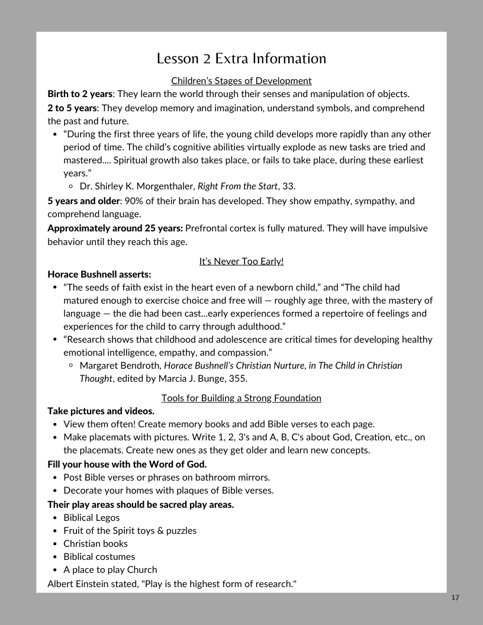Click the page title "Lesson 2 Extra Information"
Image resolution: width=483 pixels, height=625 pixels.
pyautogui.click(x=241, y=59)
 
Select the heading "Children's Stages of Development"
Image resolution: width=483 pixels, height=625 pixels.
pyautogui.click(x=241, y=80)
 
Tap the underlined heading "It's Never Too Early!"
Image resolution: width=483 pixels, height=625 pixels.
pyautogui.click(x=241, y=261)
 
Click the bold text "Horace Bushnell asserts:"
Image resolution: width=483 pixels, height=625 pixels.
pyautogui.click(x=99, y=274)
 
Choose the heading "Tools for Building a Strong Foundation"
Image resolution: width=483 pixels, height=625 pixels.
pyautogui.click(x=241, y=398)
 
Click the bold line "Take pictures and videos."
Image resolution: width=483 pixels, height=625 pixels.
pyautogui.click(x=101, y=411)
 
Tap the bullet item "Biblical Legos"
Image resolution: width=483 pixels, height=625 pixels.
pyautogui.click(x=91, y=517)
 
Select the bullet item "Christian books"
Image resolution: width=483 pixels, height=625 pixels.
pyautogui.click(x=95, y=543)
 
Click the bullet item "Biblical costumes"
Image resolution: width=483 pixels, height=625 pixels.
pyautogui.click(x=99, y=556)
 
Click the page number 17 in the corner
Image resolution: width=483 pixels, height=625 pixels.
pyautogui.click(x=455, y=598)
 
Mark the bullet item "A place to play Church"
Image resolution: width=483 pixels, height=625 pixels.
pyautogui.click(x=110, y=569)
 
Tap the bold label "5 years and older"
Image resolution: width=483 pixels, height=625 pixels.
pyautogui.click(x=83, y=201)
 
